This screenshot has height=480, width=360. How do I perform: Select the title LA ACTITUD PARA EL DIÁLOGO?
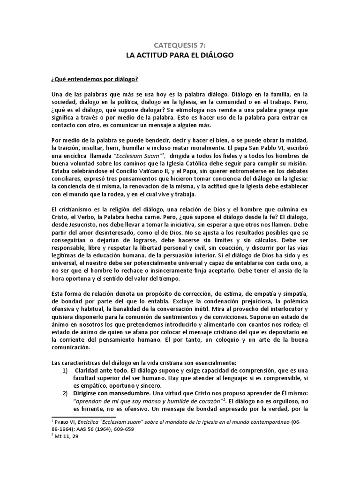pyautogui.click(x=180, y=55)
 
